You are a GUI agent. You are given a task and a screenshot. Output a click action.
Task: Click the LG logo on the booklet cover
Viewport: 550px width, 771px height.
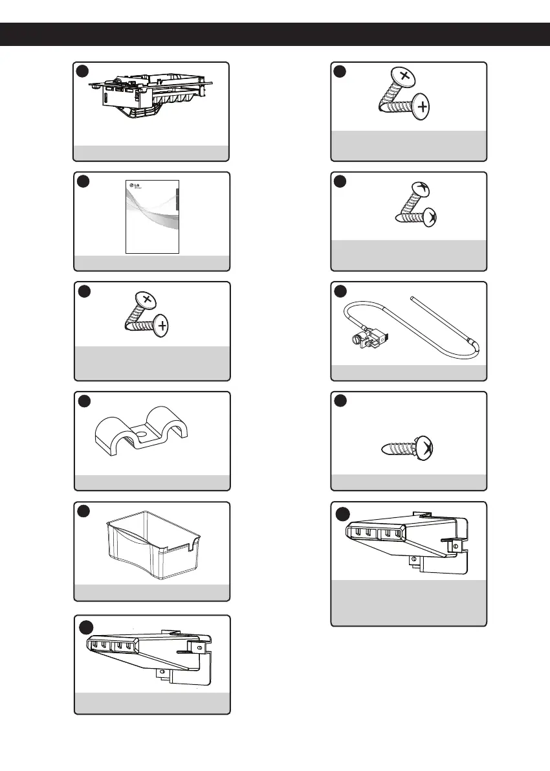(135, 188)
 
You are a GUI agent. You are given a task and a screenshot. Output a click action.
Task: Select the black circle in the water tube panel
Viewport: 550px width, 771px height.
(341, 291)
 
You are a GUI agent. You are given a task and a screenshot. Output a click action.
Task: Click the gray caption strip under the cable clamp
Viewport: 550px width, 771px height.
(151, 482)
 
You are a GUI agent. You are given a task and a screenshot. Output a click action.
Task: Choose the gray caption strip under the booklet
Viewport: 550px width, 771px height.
(151, 262)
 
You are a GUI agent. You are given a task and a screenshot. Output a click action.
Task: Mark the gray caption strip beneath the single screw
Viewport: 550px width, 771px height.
(409, 482)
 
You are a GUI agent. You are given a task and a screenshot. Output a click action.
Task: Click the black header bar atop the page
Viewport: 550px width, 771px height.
(275, 34)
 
